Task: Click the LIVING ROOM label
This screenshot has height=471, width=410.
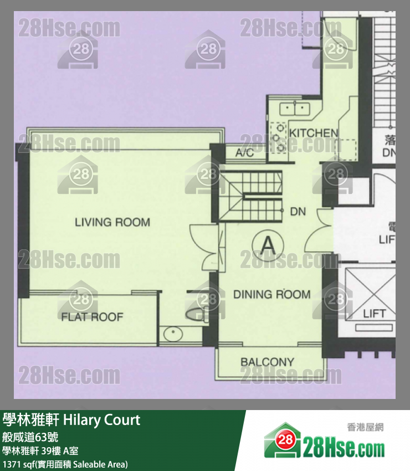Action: click(x=112, y=223)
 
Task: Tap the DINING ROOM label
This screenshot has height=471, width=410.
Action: click(x=271, y=294)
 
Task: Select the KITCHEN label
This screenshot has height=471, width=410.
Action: click(x=314, y=133)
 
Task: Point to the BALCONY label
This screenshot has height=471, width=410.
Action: click(x=267, y=362)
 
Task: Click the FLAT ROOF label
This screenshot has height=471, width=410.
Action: click(x=92, y=317)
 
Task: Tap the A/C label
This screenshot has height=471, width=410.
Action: click(x=244, y=153)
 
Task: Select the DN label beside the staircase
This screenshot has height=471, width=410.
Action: click(x=298, y=212)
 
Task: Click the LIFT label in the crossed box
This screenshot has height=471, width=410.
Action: click(x=374, y=314)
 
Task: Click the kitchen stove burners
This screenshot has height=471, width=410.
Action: click(x=276, y=137)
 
